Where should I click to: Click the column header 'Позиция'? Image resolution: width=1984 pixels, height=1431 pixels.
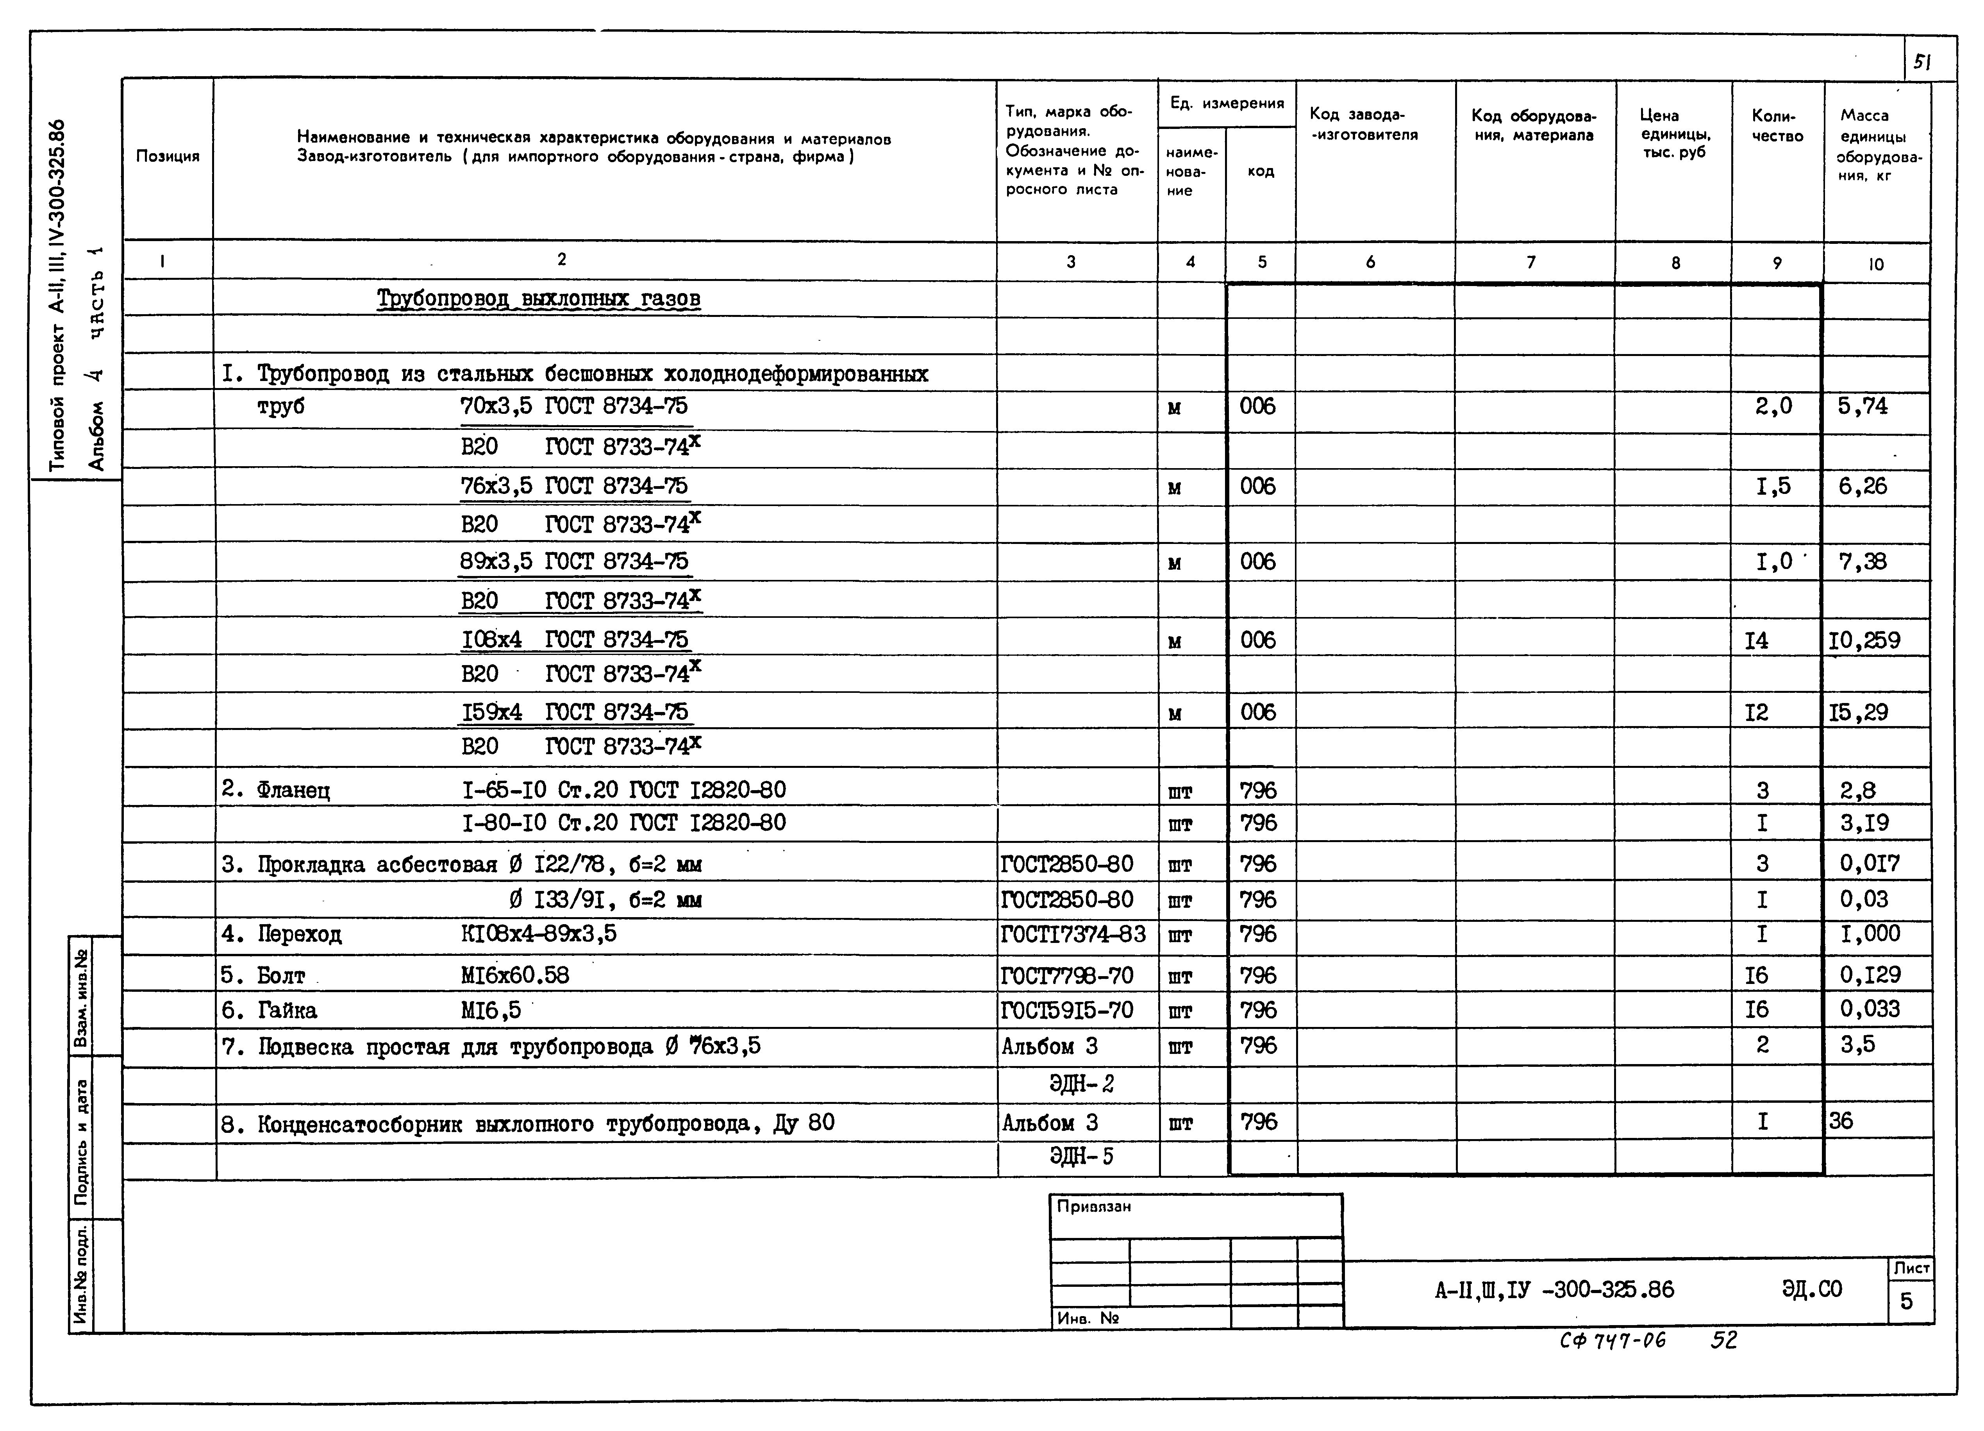click(x=167, y=157)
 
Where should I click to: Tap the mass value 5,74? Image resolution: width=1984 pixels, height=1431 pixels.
click(x=1863, y=406)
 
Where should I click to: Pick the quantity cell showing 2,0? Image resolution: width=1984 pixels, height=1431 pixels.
click(x=1773, y=406)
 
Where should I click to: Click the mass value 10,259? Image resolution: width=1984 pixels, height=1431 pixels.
click(x=1864, y=641)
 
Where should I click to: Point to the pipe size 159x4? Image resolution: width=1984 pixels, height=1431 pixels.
click(x=492, y=712)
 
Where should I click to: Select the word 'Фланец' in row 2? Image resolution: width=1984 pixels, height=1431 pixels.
click(x=293, y=790)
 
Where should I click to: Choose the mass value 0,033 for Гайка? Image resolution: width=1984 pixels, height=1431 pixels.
click(x=1870, y=1009)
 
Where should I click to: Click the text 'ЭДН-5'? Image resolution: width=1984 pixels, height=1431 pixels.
click(x=1081, y=1157)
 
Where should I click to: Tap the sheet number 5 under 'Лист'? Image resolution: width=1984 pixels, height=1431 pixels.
click(x=1907, y=1302)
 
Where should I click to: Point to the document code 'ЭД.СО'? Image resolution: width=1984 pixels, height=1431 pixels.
click(x=1812, y=1289)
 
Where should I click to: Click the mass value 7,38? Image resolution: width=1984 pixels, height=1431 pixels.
click(x=1863, y=562)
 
